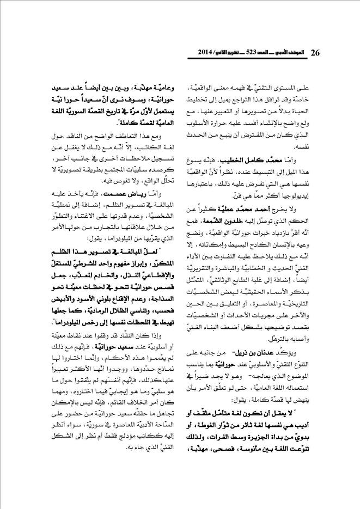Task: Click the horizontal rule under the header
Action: click(180, 60)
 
